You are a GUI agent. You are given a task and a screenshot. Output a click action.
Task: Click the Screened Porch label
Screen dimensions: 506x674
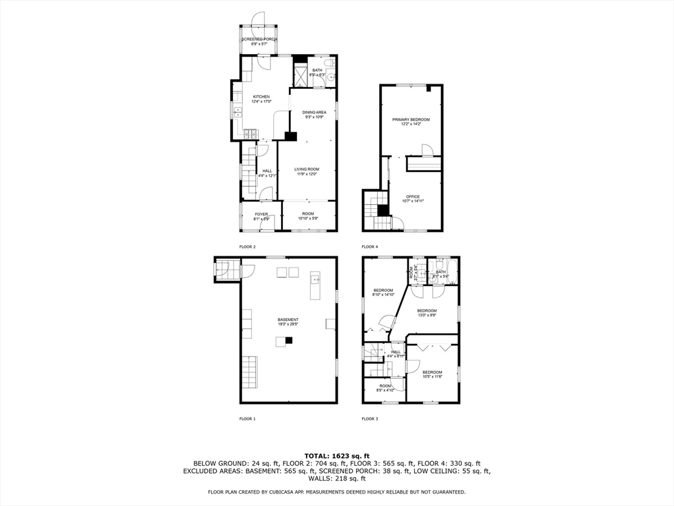click(x=259, y=40)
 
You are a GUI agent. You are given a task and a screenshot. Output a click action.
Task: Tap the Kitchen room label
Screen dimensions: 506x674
click(x=261, y=97)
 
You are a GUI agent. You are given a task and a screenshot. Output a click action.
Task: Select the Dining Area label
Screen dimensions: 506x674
click(x=314, y=113)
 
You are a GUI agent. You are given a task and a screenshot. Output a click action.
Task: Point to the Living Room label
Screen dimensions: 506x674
click(x=306, y=169)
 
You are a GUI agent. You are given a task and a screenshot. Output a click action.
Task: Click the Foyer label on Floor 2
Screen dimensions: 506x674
click(x=261, y=214)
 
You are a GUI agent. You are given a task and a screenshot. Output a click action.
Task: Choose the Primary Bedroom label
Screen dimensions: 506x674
click(x=411, y=120)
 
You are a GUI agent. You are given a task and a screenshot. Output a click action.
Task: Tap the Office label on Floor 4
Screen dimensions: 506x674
click(x=413, y=197)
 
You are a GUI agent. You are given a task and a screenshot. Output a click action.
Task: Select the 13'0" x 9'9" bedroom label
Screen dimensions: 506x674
click(x=427, y=311)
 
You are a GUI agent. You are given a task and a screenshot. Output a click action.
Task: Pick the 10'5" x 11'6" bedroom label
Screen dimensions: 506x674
click(x=432, y=372)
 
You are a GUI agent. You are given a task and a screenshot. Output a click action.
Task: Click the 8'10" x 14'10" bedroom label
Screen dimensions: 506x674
click(x=383, y=291)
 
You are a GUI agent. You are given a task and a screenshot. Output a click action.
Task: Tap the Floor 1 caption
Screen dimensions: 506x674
click(x=247, y=418)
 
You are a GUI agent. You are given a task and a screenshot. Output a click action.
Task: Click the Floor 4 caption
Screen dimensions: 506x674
click(x=370, y=246)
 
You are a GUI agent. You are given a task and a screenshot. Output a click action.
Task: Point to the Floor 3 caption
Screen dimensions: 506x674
click(x=370, y=418)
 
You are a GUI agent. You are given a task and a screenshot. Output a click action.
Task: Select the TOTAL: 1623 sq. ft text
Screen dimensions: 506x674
click(x=336, y=456)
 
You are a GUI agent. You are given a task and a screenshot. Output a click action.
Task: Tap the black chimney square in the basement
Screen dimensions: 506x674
click(x=288, y=340)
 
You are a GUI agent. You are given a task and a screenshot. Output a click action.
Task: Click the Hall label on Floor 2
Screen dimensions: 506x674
click(x=267, y=171)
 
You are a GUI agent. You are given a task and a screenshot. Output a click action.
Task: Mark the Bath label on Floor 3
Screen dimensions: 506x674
click(x=440, y=271)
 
